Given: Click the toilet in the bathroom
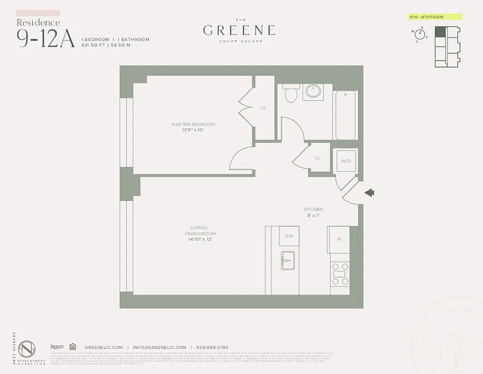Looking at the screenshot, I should pos(291,93).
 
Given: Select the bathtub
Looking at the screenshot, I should pos(345,115).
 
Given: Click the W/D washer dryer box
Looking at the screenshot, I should pos(345,161).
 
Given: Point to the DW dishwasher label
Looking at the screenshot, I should pos(289,236).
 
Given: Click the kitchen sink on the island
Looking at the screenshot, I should pos(287,260).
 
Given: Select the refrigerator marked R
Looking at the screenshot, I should pos(339,239).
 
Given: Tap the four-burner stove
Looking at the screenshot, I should pos(339,273).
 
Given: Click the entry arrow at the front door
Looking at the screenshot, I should pos(370,193).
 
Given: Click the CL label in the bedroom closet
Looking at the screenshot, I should pos(264,108).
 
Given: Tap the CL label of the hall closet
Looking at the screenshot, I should pos(318,158).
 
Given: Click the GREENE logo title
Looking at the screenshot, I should pos(239,30).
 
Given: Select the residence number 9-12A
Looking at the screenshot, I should pos(46,38).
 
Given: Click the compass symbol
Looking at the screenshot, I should pos(419,35).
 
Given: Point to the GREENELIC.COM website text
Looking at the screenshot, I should pos(104,347).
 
